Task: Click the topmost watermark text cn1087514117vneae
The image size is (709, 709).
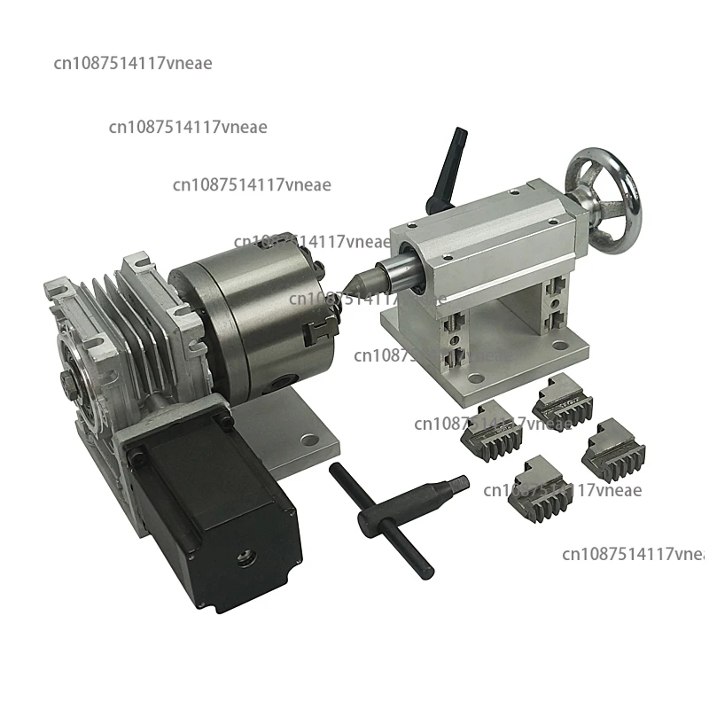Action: tap(133, 63)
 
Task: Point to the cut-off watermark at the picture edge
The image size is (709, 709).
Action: tap(634, 554)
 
